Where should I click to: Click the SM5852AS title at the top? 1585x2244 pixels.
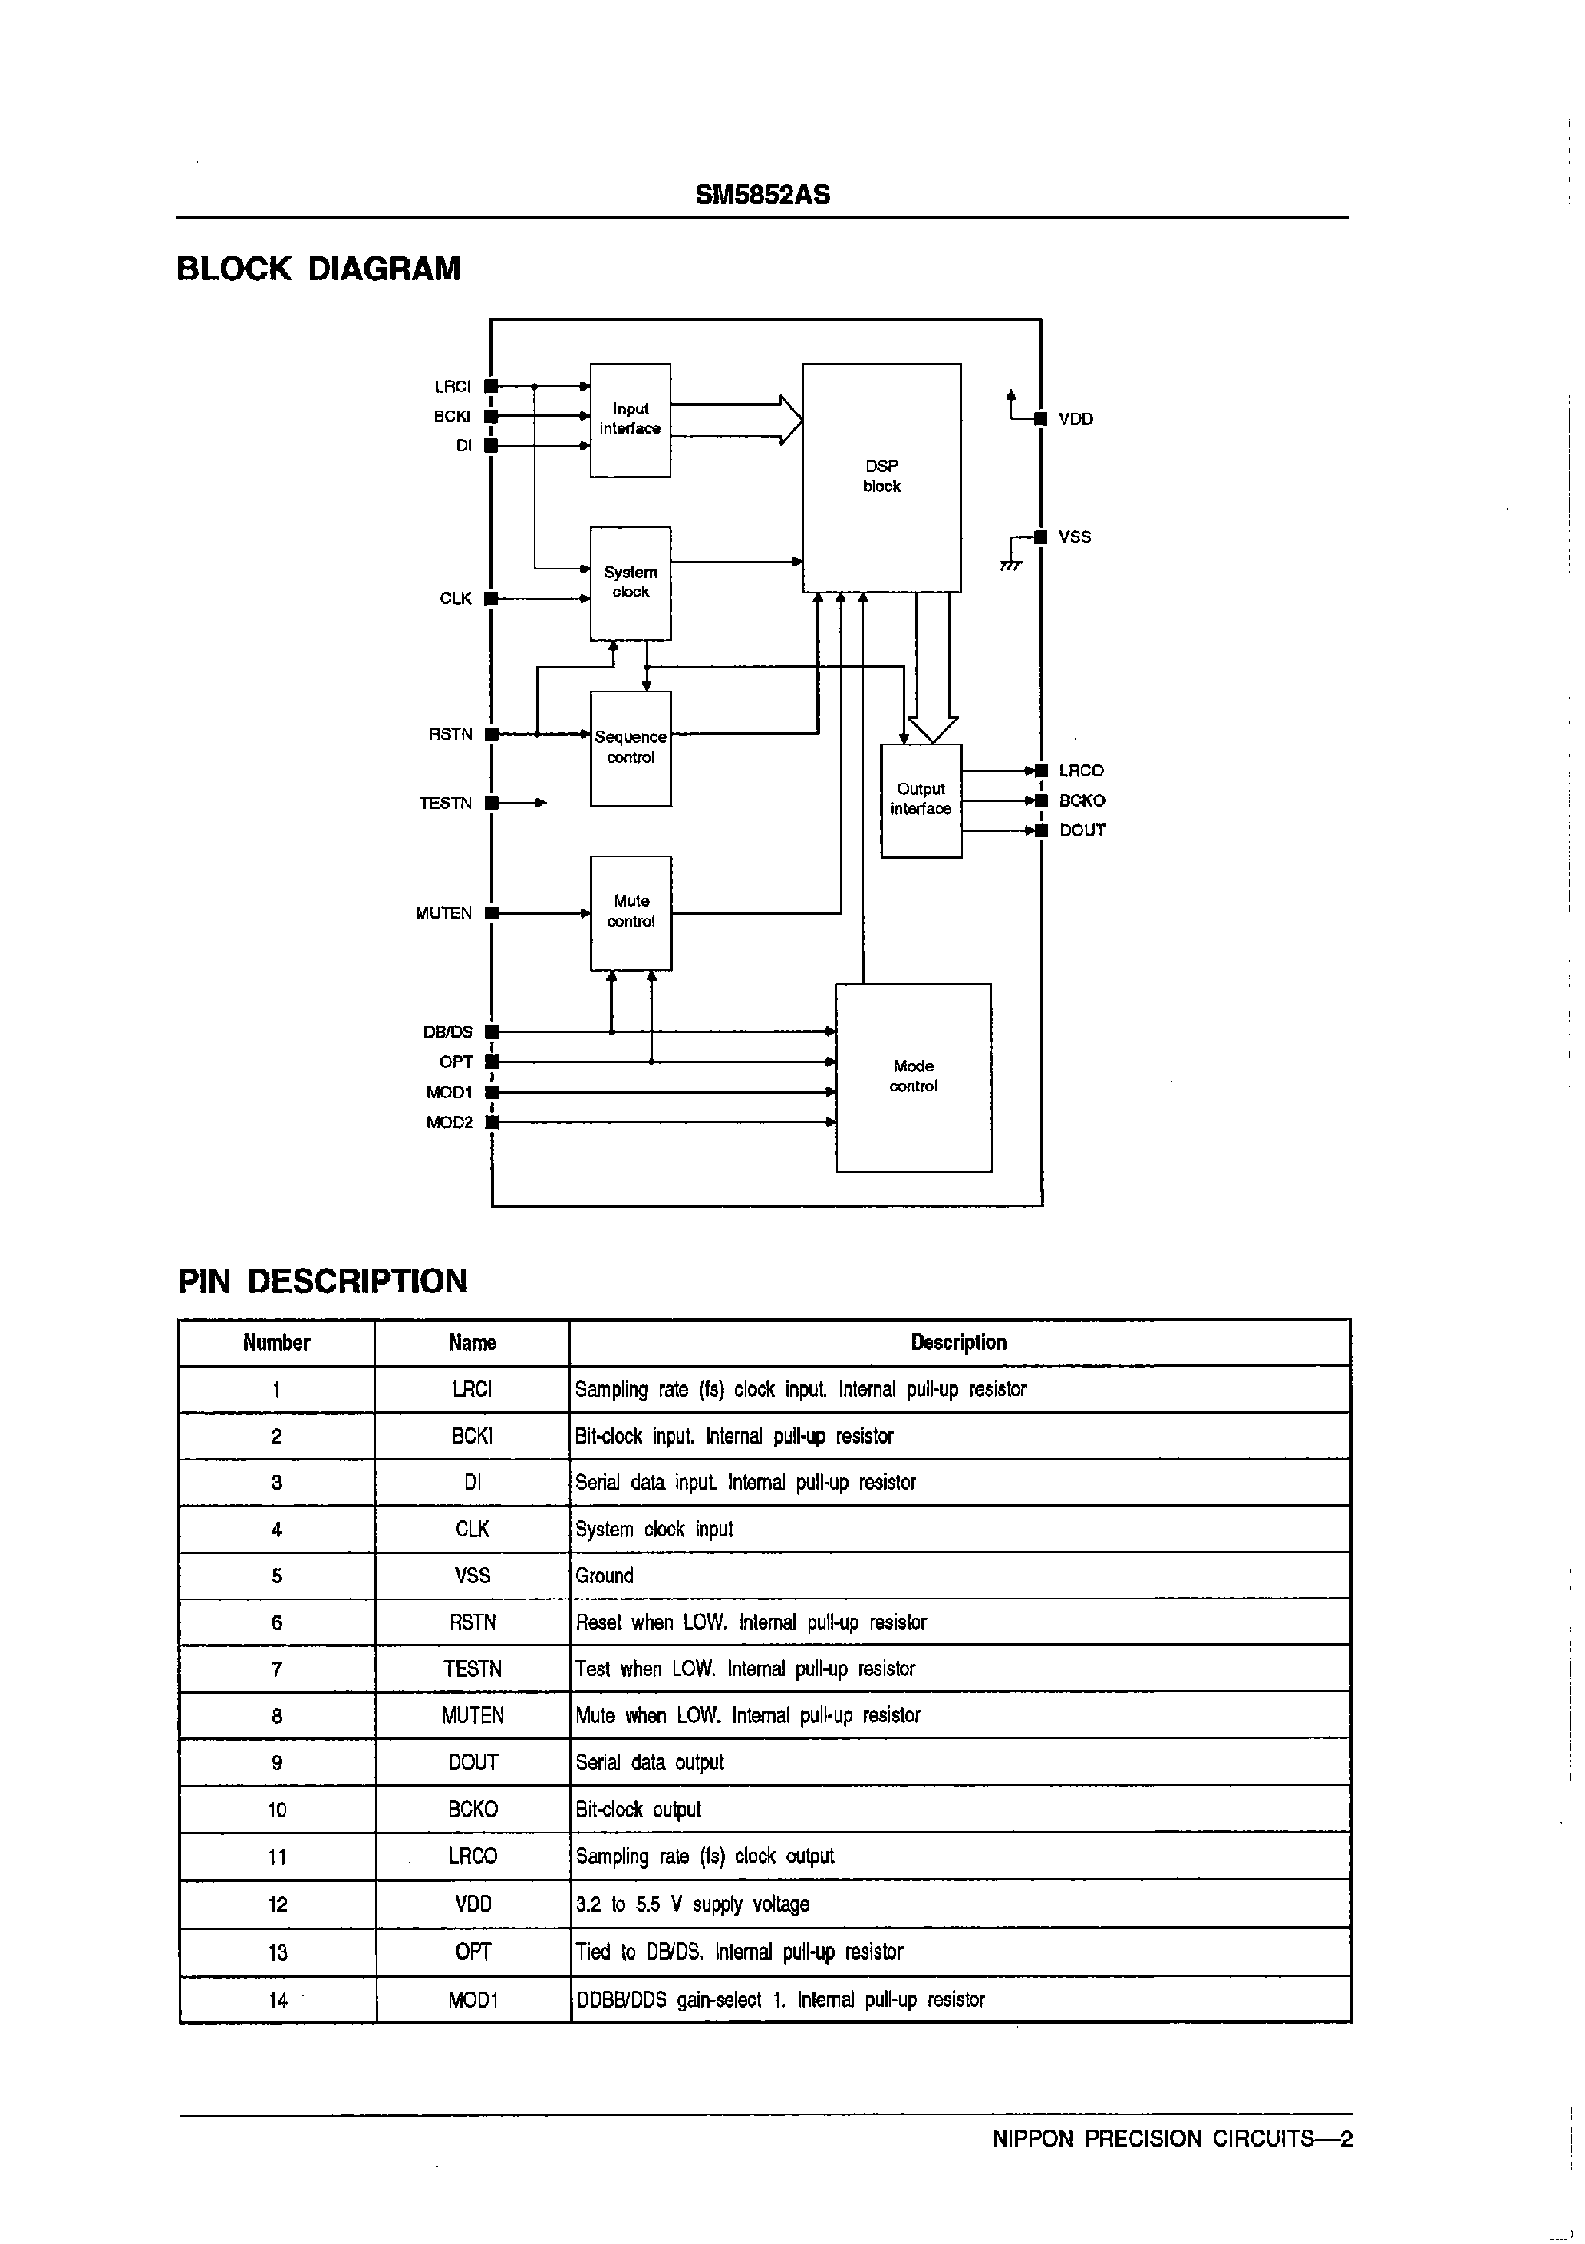[x=763, y=194]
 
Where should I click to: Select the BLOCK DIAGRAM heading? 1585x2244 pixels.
[x=318, y=269]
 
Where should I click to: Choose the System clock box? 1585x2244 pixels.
[x=631, y=582]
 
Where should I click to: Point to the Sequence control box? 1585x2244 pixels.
[x=631, y=747]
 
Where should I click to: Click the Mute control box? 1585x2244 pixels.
[x=631, y=912]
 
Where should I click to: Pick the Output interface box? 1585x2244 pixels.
[x=921, y=800]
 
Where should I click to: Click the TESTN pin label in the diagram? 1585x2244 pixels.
[x=445, y=804]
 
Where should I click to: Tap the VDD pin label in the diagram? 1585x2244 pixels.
[x=1075, y=419]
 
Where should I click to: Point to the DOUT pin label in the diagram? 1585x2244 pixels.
[x=1082, y=830]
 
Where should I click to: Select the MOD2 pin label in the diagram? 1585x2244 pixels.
[x=449, y=1123]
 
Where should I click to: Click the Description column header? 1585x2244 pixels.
[x=957, y=1342]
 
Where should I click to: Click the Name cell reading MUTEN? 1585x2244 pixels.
[x=472, y=1715]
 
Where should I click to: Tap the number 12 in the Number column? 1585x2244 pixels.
[x=278, y=1904]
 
